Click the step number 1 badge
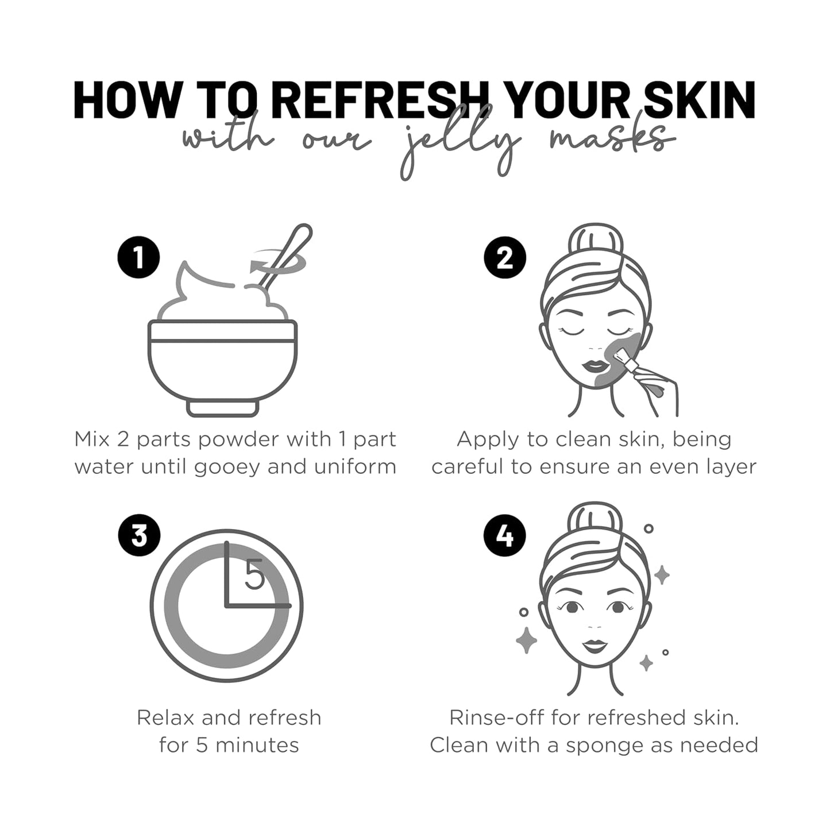[x=138, y=257]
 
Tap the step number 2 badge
[x=504, y=257]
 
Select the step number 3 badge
[x=139, y=535]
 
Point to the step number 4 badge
[x=504, y=535]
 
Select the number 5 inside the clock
[x=254, y=575]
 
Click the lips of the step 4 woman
[x=595, y=646]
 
